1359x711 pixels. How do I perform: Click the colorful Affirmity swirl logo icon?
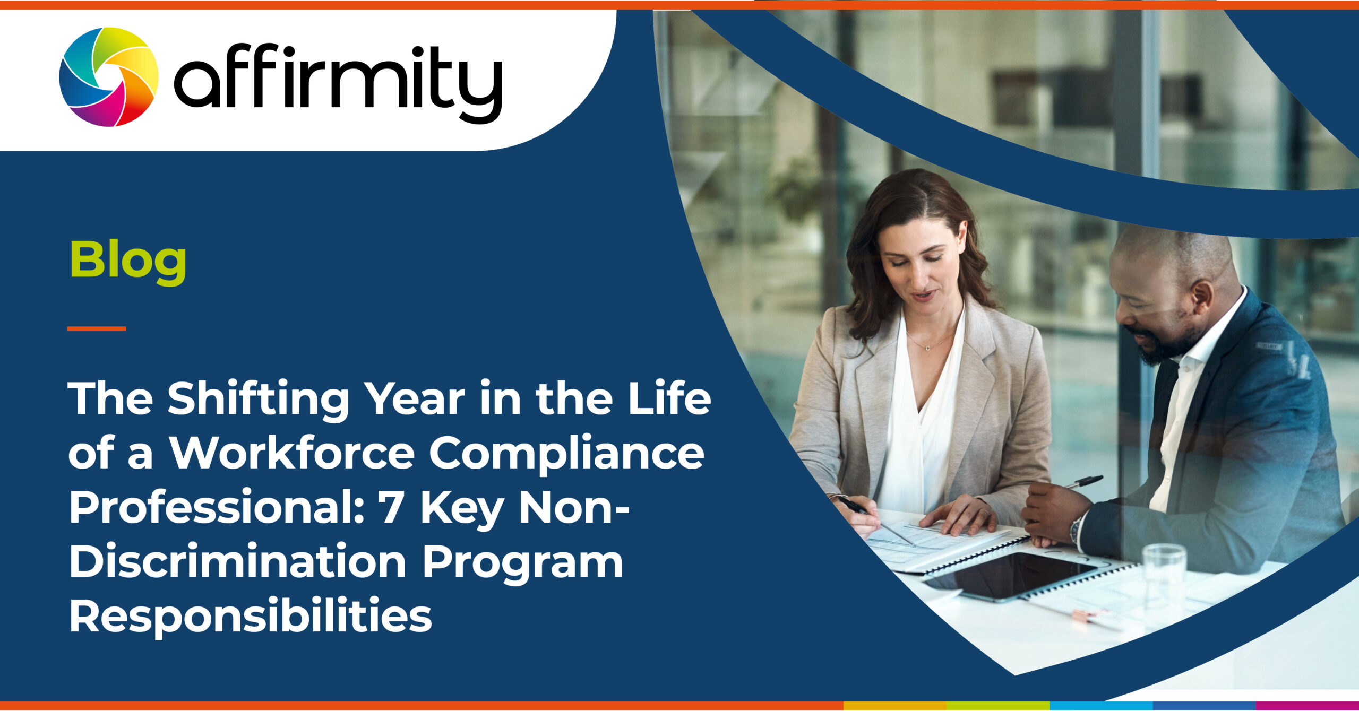pos(109,77)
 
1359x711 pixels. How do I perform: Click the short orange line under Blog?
pos(97,329)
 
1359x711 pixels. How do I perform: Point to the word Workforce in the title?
pos(291,453)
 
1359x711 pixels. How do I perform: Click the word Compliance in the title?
pos(566,454)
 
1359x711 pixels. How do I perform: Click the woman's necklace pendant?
pos(927,348)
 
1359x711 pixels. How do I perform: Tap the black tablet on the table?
pos(1011,576)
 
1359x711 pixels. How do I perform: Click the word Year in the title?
pos(417,399)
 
